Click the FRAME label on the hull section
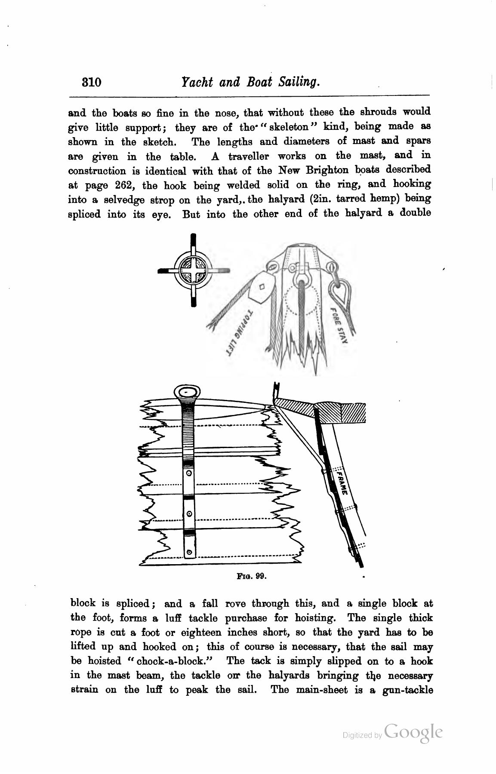tap(343, 483)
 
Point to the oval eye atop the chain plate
tap(186, 392)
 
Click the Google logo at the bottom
tap(414, 732)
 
